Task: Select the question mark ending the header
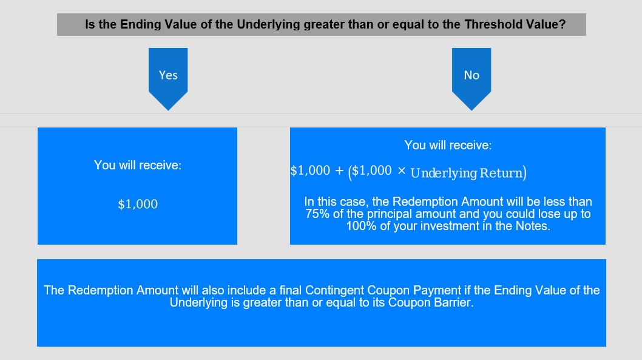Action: point(563,24)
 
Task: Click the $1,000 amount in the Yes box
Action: point(138,204)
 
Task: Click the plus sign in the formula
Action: point(339,171)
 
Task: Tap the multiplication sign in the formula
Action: point(401,171)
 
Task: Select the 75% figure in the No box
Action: point(317,214)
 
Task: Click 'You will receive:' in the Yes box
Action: point(138,165)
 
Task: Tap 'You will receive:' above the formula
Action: point(448,145)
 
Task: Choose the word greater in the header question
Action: point(324,24)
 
